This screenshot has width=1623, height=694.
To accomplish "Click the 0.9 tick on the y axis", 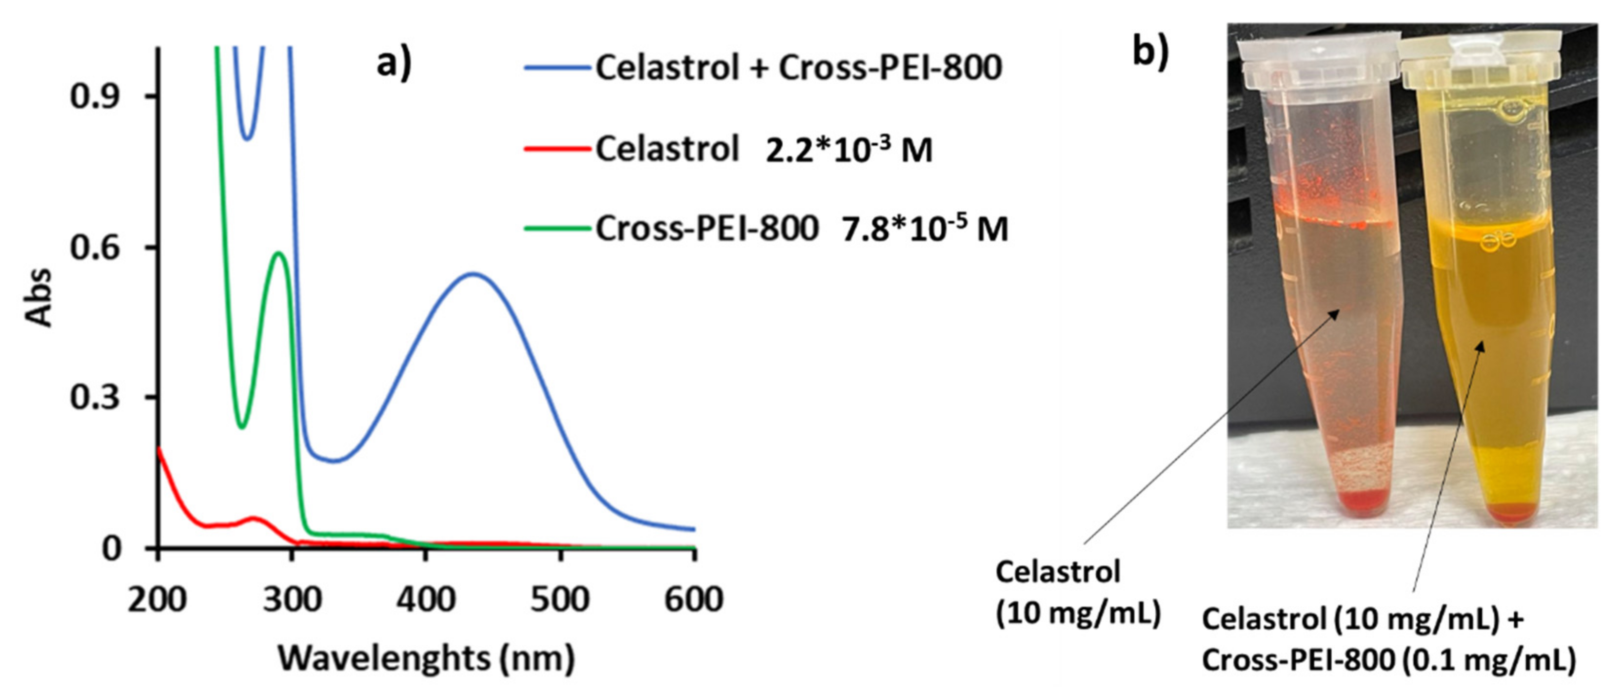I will pos(95,96).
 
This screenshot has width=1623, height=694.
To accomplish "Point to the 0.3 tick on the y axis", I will pos(95,397).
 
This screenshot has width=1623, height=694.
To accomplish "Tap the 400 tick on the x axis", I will pos(426,599).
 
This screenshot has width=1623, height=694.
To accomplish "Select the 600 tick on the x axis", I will pos(693,599).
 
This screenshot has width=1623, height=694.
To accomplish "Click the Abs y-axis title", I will pos(39,297).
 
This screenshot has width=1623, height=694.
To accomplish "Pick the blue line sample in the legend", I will pos(557,67).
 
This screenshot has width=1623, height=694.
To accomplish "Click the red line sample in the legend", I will pos(557,150).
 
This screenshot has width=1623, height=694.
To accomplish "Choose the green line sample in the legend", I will pos(557,229).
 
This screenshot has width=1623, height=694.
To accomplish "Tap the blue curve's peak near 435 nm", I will pos(473,274).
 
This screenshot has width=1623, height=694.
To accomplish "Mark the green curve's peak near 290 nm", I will pos(278,253).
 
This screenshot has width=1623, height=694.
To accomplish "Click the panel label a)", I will pos(394,64).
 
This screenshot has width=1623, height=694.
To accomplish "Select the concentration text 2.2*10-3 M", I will pos(848,151).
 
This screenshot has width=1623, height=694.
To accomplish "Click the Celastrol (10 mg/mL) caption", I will pos(1077,593).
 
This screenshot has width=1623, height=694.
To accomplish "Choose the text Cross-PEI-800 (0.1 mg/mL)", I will pos(1388,661).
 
